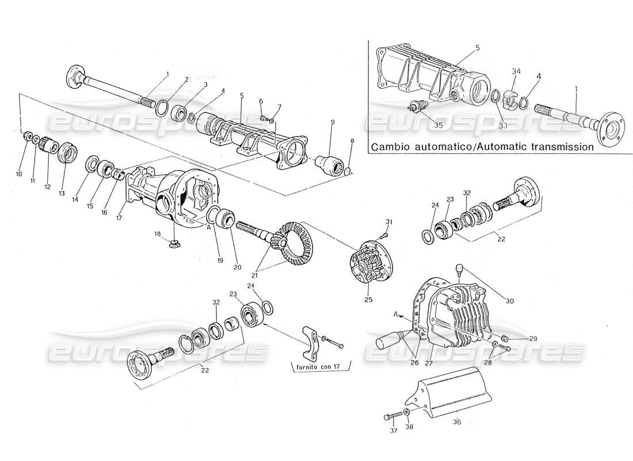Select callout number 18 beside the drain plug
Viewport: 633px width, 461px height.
[x=157, y=234]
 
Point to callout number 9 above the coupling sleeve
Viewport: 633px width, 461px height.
[x=332, y=122]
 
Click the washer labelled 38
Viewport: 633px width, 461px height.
[x=407, y=413]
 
